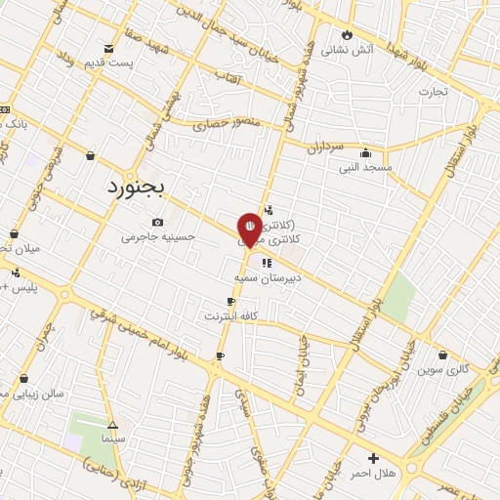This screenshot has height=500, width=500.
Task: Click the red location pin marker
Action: click(249, 229)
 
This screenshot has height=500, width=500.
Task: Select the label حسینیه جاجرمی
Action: click(158, 236)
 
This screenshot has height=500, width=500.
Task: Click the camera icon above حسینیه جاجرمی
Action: click(158, 223)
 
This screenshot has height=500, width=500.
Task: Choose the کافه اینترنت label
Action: click(229, 316)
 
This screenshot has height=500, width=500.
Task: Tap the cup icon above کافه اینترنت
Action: click(230, 302)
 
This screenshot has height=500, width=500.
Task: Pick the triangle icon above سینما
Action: click(113, 425)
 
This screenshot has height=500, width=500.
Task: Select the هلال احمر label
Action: click(372, 473)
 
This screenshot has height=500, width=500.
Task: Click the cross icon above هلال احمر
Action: click(373, 458)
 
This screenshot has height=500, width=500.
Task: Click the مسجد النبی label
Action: click(365, 167)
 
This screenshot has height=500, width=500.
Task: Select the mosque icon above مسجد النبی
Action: click(365, 152)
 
